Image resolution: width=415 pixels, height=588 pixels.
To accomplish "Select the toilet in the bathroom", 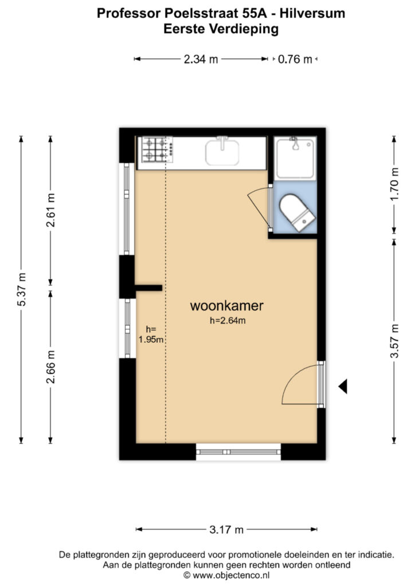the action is tap(297, 212).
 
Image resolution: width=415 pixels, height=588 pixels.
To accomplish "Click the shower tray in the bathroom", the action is tap(295, 158).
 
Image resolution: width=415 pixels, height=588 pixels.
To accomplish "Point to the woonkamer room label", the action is tap(227, 305).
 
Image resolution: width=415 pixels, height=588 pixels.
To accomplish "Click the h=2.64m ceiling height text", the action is tap(228, 320).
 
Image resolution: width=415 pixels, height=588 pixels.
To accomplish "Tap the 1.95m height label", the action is tap(151, 340).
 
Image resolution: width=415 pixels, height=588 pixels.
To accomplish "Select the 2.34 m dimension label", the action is tap(201, 59).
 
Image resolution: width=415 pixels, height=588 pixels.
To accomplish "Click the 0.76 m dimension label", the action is tap(295, 59).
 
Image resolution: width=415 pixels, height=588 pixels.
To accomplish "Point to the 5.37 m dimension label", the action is tap(22, 289).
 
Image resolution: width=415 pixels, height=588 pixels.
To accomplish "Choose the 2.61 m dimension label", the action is tap(50, 210).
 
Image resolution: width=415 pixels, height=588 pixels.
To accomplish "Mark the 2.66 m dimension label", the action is tap(50, 367).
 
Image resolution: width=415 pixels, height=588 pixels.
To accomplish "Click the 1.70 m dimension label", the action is tap(394, 184).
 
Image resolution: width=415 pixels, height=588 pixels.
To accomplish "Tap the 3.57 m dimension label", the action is tap(394, 341).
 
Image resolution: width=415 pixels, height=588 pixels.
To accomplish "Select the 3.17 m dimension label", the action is tap(226, 529).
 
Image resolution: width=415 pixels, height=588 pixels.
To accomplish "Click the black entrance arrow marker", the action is tap(343, 386).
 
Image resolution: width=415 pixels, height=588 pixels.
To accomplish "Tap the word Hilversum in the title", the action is tap(312, 14).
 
